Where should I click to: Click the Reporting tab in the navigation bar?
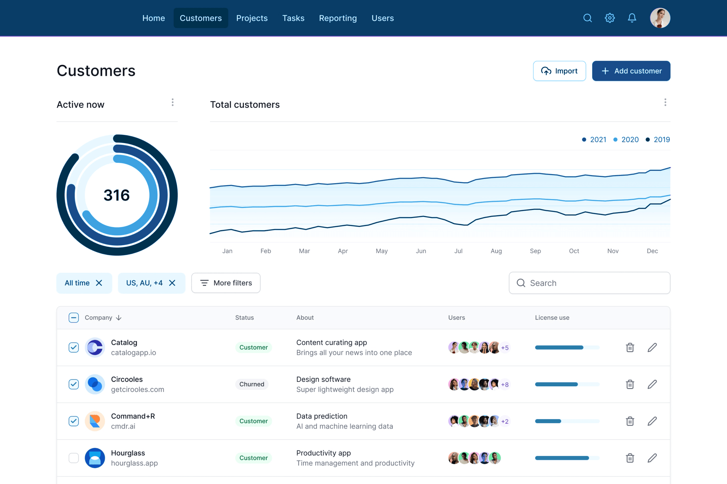point(338,18)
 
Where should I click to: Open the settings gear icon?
point(610,18)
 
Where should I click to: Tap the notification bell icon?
point(632,18)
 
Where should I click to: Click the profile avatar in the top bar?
point(660,18)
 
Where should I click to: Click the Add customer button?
point(631,71)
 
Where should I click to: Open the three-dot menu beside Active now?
point(173,102)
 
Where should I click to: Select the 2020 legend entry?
point(626,140)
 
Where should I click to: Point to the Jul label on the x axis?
point(458,251)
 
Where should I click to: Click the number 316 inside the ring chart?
point(117,195)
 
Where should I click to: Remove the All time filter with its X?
point(99,283)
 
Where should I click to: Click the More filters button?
point(226,283)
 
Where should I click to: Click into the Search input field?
point(596,283)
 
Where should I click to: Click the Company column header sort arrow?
point(119,318)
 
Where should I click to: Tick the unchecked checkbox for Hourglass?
point(74,458)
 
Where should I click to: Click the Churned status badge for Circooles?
point(252,384)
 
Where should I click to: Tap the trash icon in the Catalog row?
point(630,348)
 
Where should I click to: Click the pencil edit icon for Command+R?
point(652,421)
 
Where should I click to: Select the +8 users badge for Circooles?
point(505,384)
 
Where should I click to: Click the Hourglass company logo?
point(95,458)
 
